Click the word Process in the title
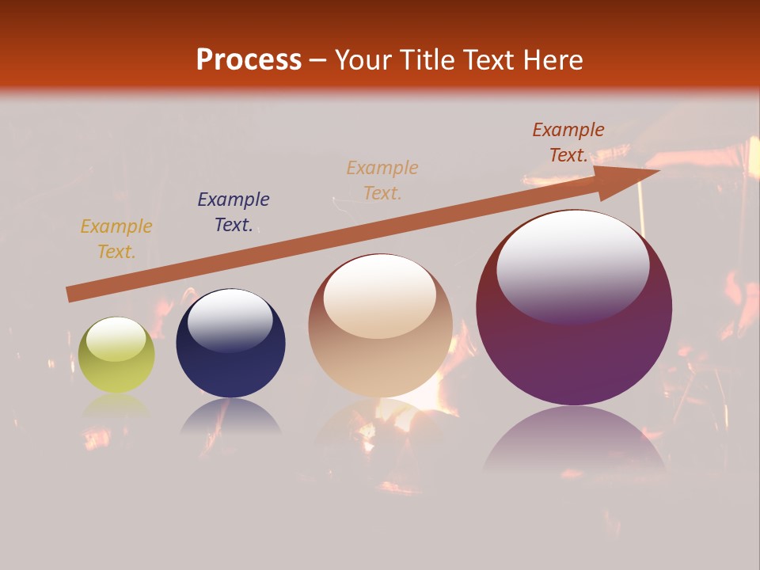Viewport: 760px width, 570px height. [249, 60]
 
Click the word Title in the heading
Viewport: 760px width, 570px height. [427, 60]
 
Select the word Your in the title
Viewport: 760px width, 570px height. [365, 60]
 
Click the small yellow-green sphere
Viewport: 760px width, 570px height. [116, 355]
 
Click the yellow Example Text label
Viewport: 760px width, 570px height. [116, 239]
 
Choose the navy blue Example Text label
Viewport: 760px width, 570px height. [233, 212]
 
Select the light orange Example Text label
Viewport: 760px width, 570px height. [382, 180]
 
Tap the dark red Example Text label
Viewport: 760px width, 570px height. [568, 142]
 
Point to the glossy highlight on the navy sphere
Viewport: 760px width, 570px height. [230, 319]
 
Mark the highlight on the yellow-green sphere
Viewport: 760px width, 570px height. [116, 339]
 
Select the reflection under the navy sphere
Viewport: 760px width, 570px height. [230, 417]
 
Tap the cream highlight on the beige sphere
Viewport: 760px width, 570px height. [380, 294]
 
